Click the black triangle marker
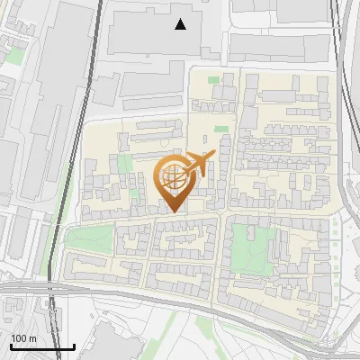181,24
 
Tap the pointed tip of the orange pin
173,212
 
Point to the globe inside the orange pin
173,177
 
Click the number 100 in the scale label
19,338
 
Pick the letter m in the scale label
32,338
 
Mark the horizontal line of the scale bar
41,346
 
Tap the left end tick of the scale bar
10,344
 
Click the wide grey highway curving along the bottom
180,298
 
